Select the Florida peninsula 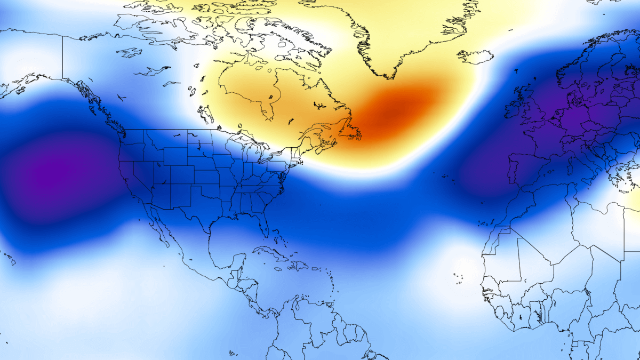[x=262, y=224]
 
